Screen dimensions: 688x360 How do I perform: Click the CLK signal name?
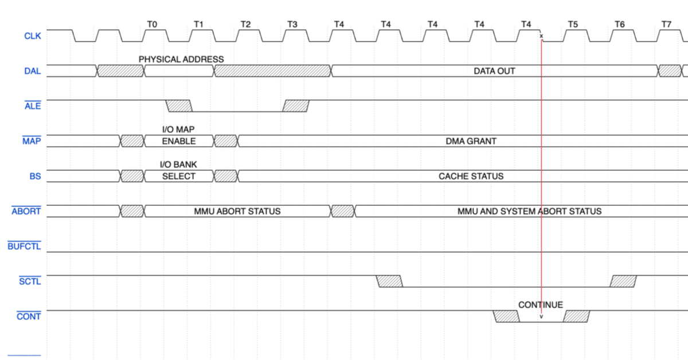click(x=33, y=36)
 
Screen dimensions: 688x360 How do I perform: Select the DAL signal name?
click(x=33, y=71)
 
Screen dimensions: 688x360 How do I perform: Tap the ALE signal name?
click(x=33, y=106)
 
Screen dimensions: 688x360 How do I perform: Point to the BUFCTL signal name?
click(x=24, y=246)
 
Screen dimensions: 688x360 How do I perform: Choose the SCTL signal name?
click(x=30, y=281)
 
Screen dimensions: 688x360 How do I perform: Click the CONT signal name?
click(x=29, y=316)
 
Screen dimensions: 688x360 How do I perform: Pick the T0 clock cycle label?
click(x=152, y=24)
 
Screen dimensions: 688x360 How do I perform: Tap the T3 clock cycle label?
click(x=292, y=24)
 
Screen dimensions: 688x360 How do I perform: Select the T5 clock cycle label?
click(x=573, y=24)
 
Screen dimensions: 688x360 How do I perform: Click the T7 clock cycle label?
click(x=666, y=24)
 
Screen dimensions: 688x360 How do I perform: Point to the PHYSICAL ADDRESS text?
click(x=181, y=59)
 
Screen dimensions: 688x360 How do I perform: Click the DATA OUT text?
click(x=494, y=71)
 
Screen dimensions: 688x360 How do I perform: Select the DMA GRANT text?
click(x=471, y=141)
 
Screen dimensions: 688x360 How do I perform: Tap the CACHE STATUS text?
click(x=471, y=177)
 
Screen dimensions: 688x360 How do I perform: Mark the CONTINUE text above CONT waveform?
click(x=541, y=305)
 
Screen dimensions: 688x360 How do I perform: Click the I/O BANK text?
click(x=178, y=165)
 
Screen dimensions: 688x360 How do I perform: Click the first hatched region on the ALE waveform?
click(x=179, y=106)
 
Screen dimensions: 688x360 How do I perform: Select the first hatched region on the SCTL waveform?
click(x=389, y=281)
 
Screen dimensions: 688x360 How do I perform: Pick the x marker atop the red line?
click(x=541, y=36)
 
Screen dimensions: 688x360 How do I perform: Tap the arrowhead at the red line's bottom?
click(x=541, y=316)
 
